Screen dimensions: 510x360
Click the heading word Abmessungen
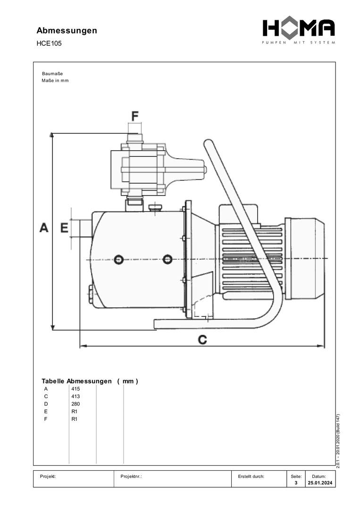click(67, 31)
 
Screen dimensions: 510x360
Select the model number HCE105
click(49, 44)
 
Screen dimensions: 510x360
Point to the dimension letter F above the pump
click(135, 116)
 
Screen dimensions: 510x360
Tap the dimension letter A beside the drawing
click(44, 228)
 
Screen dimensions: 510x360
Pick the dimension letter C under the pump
click(202, 339)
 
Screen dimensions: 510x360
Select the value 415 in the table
click(75, 389)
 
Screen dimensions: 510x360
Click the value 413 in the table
click(75, 396)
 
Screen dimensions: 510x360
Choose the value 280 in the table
click(75, 404)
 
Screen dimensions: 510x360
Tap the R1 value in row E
click(74, 411)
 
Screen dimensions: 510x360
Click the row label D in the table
click(46, 404)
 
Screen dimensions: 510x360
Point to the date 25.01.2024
click(319, 483)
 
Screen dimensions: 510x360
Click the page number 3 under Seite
click(296, 483)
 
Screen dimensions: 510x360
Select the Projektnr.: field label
click(131, 476)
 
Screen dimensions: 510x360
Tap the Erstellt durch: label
click(251, 476)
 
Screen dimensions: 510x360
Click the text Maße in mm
click(55, 80)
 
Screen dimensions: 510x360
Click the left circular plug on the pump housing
click(118, 259)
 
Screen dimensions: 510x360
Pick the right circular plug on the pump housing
click(167, 259)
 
